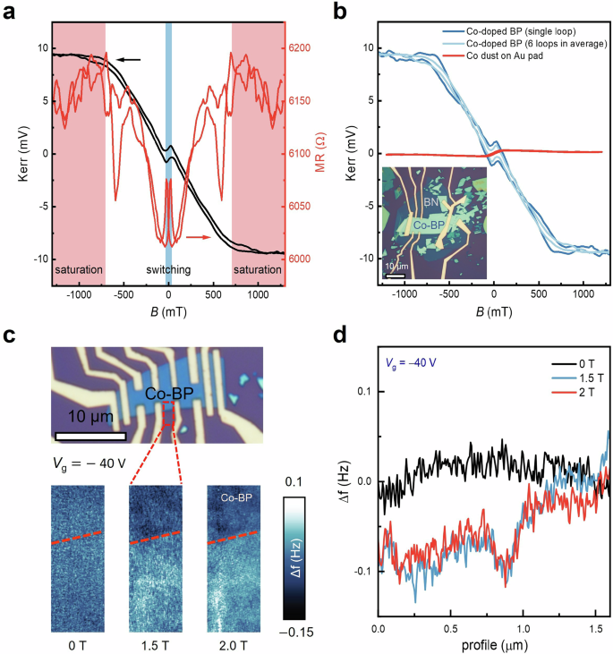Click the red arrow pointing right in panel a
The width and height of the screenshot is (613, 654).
(200, 237)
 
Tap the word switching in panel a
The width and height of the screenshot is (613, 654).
(169, 269)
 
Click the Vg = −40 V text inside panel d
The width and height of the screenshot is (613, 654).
(413, 363)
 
